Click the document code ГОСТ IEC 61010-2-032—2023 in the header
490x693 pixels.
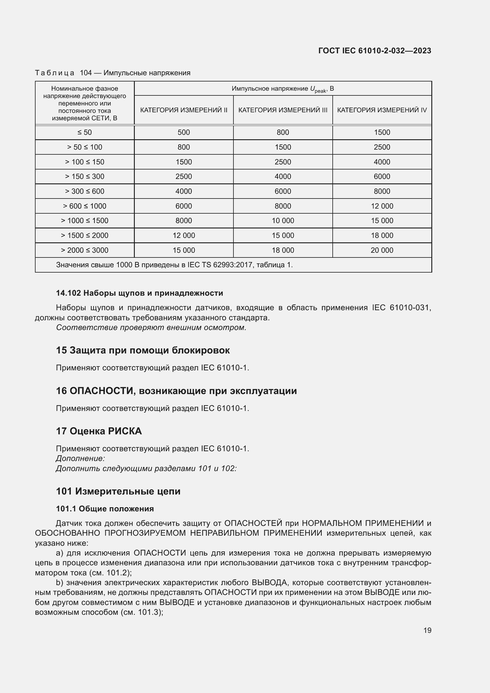[x=374, y=50]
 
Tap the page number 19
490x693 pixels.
[x=427, y=630]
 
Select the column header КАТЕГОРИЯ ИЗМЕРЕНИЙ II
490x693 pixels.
[x=183, y=110]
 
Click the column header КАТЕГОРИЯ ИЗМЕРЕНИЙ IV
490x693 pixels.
[x=382, y=110]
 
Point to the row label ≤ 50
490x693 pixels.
[x=84, y=132]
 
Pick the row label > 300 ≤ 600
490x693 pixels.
[x=84, y=191]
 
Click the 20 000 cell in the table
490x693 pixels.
[x=382, y=250]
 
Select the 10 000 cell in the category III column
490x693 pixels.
[x=283, y=220]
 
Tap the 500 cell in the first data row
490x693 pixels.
[x=183, y=132]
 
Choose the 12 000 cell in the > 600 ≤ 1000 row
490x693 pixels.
[x=382, y=206]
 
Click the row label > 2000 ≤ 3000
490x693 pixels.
[x=84, y=250]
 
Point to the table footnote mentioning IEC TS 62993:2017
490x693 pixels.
[x=174, y=265]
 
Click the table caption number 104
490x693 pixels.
[x=86, y=73]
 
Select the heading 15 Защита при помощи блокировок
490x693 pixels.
[x=143, y=350]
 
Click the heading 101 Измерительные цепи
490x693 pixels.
[x=118, y=491]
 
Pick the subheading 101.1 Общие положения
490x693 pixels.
[x=105, y=509]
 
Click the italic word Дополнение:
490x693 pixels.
[x=80, y=458]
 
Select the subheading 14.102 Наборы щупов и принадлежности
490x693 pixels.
[x=140, y=293]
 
